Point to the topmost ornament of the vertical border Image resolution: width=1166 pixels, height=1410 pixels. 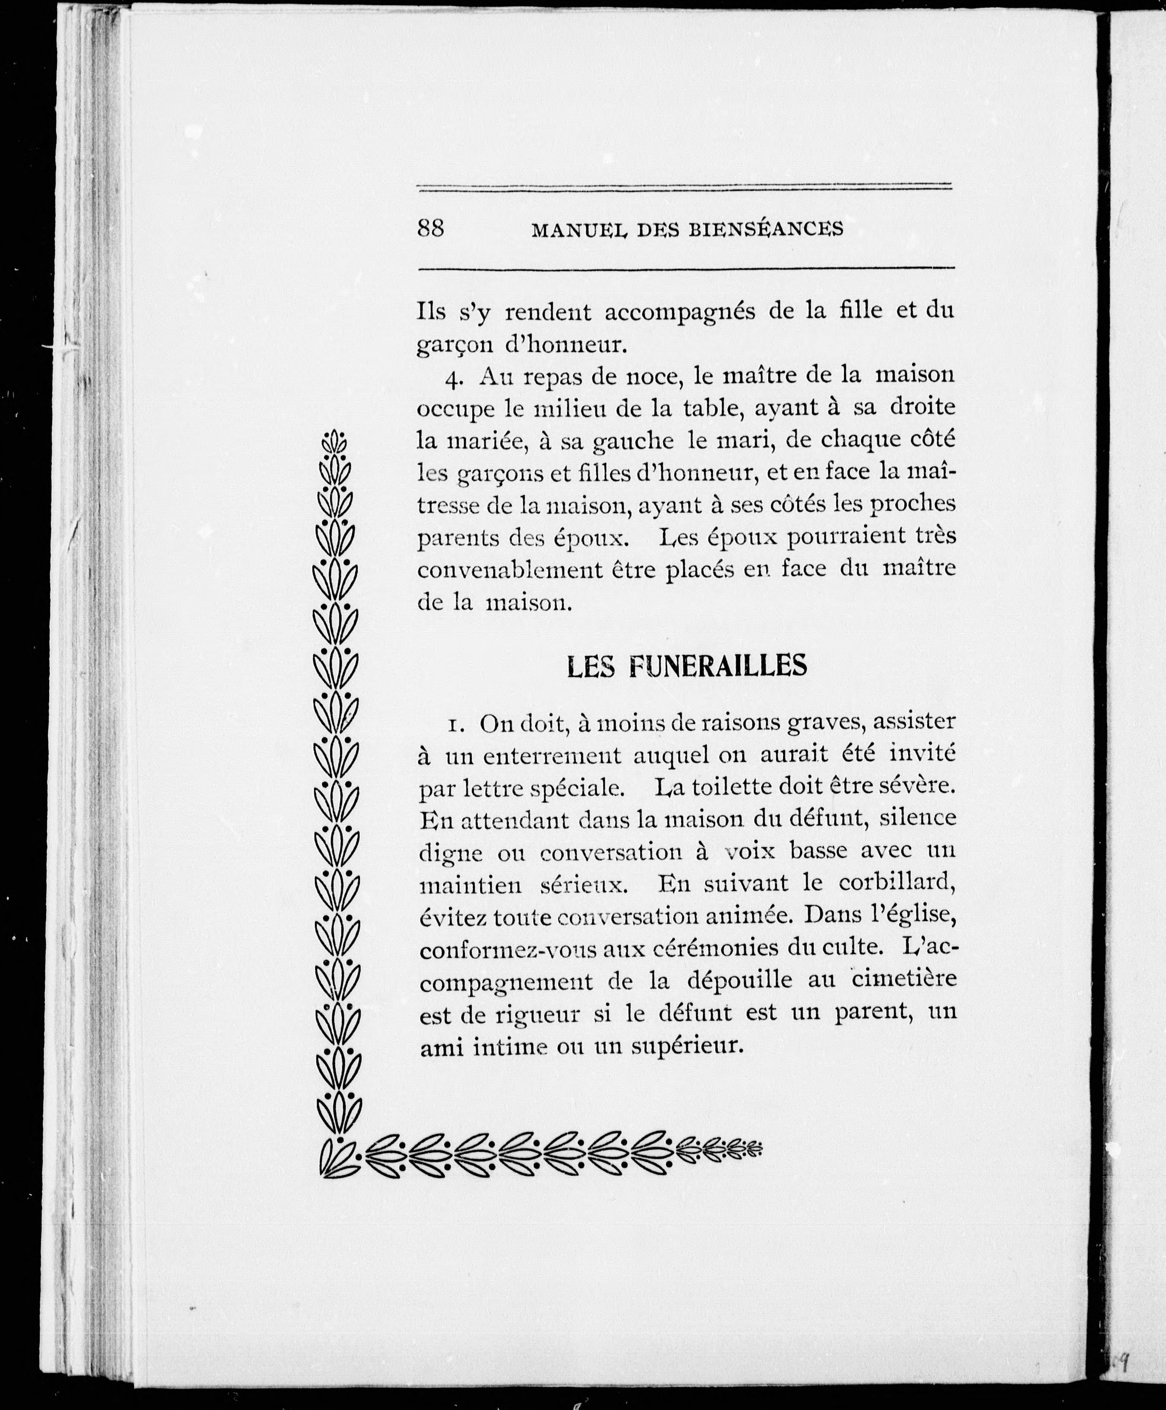(x=335, y=442)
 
